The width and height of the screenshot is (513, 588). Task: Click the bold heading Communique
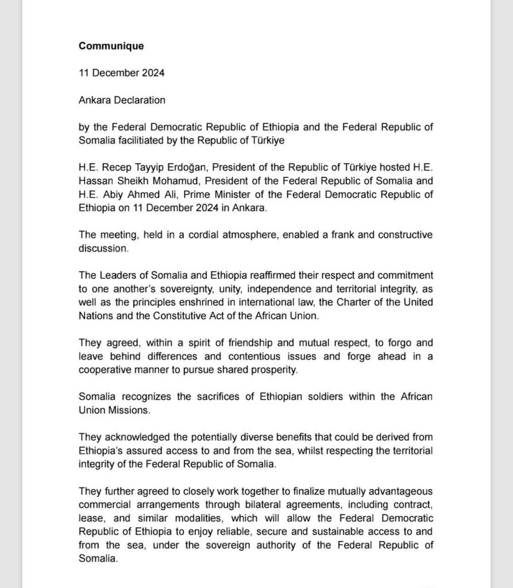[111, 46]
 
